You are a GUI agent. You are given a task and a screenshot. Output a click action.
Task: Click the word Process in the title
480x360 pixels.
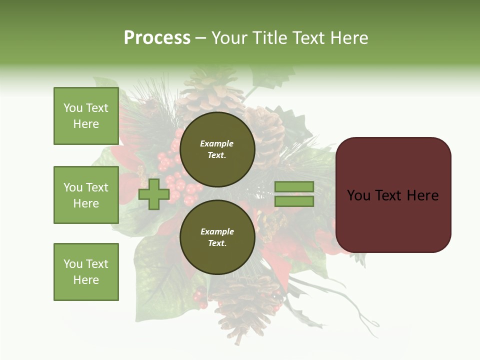pos(157,38)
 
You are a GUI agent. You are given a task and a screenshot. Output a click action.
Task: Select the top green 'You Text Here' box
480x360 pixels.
pos(86,116)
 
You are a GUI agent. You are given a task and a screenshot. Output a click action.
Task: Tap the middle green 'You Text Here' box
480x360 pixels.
pos(86,195)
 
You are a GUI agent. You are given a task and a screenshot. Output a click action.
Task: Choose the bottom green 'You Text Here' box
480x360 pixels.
pos(86,271)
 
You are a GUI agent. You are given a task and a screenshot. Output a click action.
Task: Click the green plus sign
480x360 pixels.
pos(153,194)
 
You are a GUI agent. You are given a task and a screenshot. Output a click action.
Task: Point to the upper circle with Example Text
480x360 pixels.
pos(217,149)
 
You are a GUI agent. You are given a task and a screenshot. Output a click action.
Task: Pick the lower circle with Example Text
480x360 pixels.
pos(217,237)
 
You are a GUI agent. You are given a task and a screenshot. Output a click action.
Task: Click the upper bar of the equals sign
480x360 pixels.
pos(294,187)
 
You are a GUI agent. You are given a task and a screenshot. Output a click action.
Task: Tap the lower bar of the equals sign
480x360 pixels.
pos(294,201)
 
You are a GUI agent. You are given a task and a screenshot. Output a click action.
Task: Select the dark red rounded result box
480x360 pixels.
pos(393,194)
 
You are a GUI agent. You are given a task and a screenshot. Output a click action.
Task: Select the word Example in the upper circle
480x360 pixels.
pos(217,143)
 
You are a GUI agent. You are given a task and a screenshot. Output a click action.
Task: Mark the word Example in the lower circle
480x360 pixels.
pos(217,231)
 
